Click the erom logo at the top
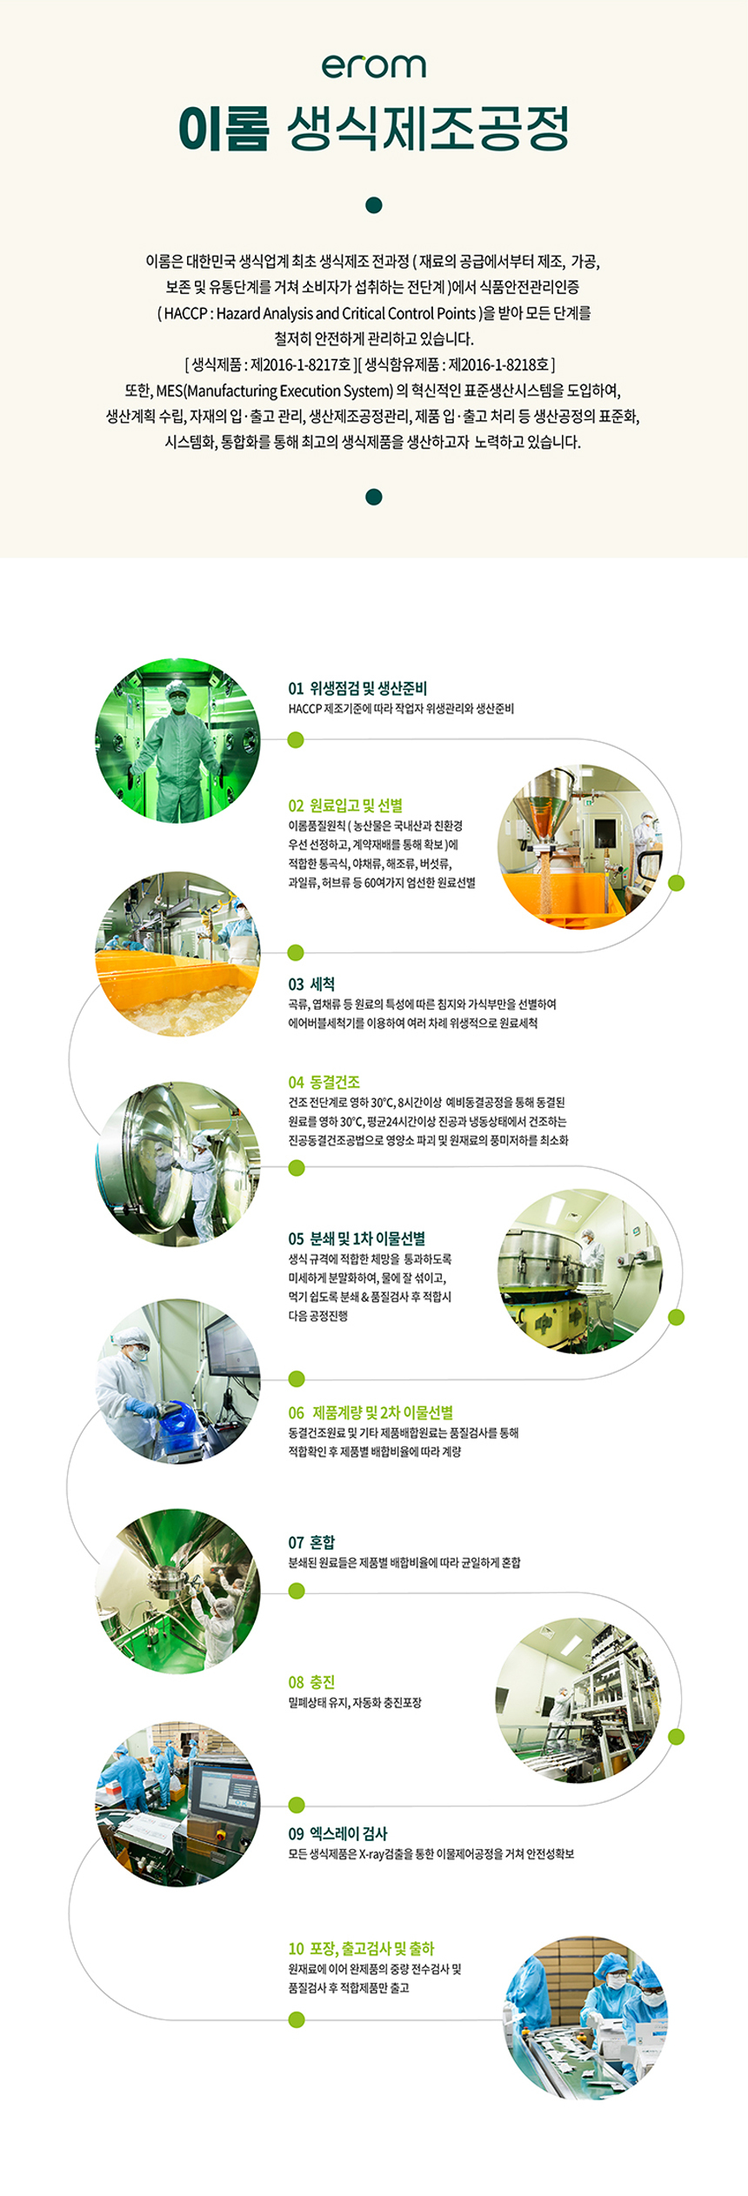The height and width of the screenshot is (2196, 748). pyautogui.click(x=374, y=66)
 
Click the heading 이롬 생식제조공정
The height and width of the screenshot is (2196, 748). pyautogui.click(x=374, y=129)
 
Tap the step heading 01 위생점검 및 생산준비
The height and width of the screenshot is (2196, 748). pyautogui.click(x=357, y=688)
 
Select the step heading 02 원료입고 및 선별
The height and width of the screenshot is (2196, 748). pyautogui.click(x=345, y=805)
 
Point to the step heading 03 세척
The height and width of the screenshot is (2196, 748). pyautogui.click(x=311, y=984)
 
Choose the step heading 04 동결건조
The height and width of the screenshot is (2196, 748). pyautogui.click(x=324, y=1082)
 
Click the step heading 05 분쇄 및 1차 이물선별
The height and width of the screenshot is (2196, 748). pyautogui.click(x=357, y=1238)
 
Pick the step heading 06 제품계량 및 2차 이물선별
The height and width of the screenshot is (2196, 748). pyautogui.click(x=371, y=1412)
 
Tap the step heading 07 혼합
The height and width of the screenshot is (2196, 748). pyautogui.click(x=311, y=1542)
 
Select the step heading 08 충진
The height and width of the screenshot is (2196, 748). pyautogui.click(x=311, y=1682)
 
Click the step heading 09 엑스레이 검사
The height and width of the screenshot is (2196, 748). pyautogui.click(x=337, y=1833)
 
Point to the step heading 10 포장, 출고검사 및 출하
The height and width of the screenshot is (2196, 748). pyautogui.click(x=361, y=1948)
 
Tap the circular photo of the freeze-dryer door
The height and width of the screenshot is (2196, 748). pyautogui.click(x=177, y=1163)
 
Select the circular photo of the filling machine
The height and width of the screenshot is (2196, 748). pyautogui.click(x=578, y=1700)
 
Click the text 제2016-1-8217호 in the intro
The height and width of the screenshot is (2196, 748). pyautogui.click(x=300, y=364)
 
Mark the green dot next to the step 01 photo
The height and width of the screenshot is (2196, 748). pyautogui.click(x=296, y=740)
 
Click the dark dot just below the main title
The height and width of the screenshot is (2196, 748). pyautogui.click(x=374, y=205)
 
